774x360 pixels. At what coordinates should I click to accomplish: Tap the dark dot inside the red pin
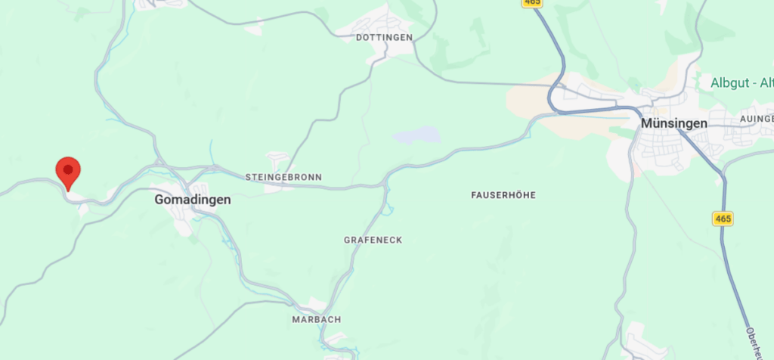click(x=69, y=167)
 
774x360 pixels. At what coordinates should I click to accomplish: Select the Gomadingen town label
click(x=192, y=200)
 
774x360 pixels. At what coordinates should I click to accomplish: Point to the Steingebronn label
click(x=283, y=177)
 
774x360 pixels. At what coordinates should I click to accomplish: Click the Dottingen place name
click(x=384, y=37)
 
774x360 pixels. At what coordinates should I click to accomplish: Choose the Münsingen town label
click(x=673, y=123)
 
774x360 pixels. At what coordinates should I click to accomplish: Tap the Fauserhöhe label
click(x=503, y=195)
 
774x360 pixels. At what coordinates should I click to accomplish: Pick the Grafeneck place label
click(x=373, y=240)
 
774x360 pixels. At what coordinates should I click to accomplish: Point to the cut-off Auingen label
click(x=757, y=119)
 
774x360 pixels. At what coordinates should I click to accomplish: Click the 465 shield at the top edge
click(x=531, y=3)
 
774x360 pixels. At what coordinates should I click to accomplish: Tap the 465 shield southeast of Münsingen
click(x=723, y=219)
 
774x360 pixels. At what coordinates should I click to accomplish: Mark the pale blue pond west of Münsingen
click(x=416, y=135)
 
